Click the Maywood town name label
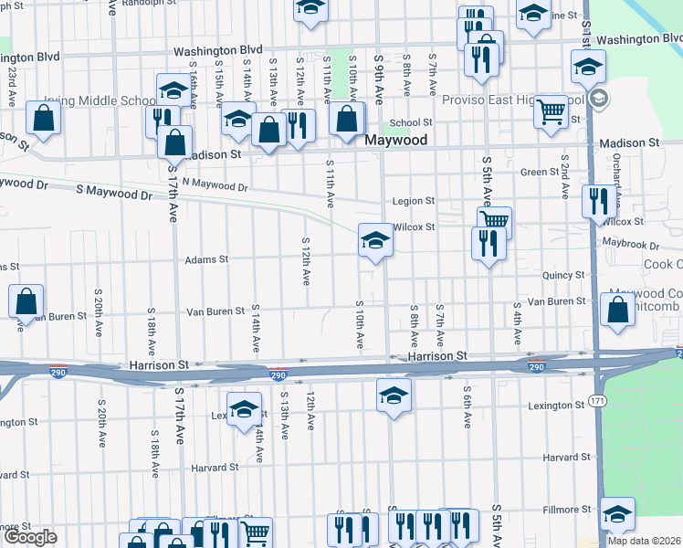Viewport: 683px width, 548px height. pyautogui.click(x=395, y=141)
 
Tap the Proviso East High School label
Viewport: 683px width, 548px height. pyautogui.click(x=512, y=100)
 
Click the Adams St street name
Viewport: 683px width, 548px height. pyautogui.click(x=206, y=260)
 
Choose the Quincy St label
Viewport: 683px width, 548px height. pyautogui.click(x=562, y=275)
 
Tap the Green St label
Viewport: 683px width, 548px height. pyautogui.click(x=540, y=172)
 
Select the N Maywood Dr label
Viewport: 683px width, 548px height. pyautogui.click(x=215, y=185)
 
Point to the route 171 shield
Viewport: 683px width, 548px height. pyautogui.click(x=595, y=402)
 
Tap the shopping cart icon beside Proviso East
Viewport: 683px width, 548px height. pyautogui.click(x=551, y=111)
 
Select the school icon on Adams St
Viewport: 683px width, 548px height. pyautogui.click(x=374, y=241)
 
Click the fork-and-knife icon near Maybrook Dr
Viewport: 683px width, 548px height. pyautogui.click(x=489, y=243)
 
